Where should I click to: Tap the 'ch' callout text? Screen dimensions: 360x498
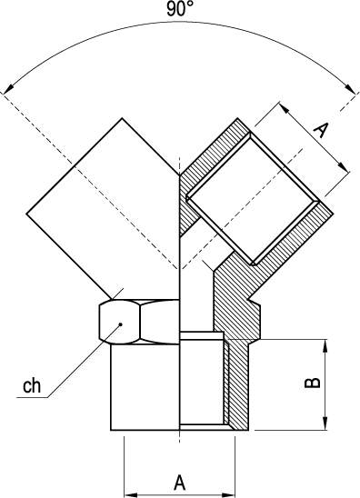coord(32,385)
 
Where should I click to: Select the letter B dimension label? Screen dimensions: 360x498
coord(313,383)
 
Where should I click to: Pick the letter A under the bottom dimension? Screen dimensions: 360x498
coord(179,483)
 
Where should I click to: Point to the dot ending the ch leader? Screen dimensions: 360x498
coord(120,324)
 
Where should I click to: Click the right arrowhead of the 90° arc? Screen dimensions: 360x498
coord(351,89)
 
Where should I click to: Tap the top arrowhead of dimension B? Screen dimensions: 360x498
coord(325,345)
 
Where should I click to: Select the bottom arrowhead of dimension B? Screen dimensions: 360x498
coord(325,423)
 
